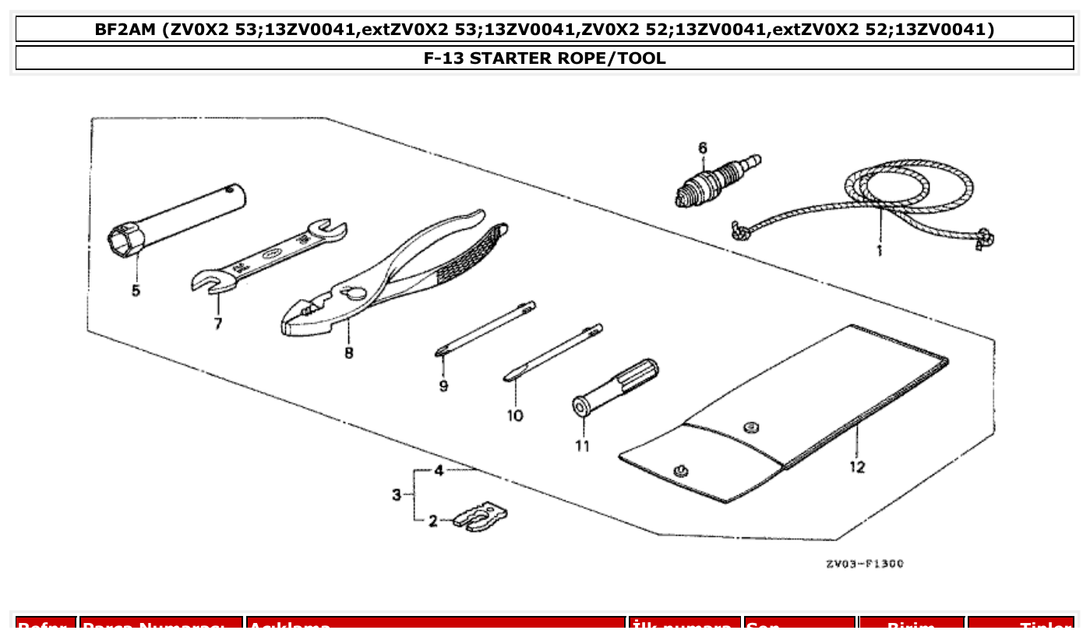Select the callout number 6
point(702,147)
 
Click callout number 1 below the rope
point(879,251)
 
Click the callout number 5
point(136,292)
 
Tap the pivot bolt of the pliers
point(353,293)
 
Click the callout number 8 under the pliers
point(348,353)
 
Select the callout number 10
point(515,416)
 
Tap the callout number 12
point(857,467)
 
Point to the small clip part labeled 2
point(484,516)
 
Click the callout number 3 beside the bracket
point(397,494)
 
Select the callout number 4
point(439,470)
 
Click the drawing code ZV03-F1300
point(865,564)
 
